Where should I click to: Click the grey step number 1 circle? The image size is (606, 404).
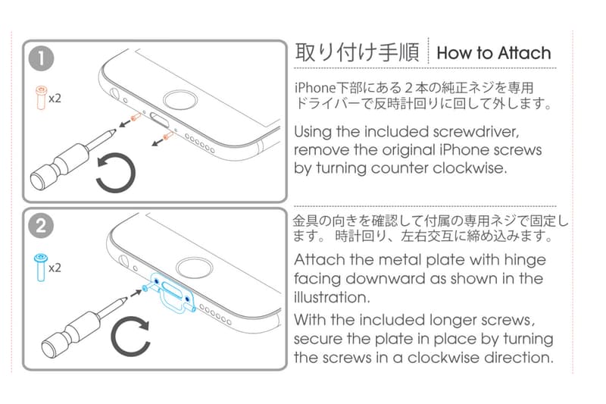tap(41, 59)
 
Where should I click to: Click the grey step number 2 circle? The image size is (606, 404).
tap(41, 226)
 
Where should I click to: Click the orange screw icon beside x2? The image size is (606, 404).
tap(41, 99)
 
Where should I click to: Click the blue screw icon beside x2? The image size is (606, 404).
tap(41, 267)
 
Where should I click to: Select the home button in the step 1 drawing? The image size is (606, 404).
tap(180, 102)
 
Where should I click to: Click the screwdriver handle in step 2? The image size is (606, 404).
tap(70, 334)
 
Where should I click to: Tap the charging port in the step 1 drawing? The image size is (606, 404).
tap(160, 121)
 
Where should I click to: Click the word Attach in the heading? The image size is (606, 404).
tap(524, 53)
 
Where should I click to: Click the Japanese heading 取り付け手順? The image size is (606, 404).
tap(357, 52)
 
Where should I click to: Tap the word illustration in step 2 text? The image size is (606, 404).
tap(332, 297)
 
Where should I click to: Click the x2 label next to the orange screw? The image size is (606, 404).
tap(55, 99)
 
